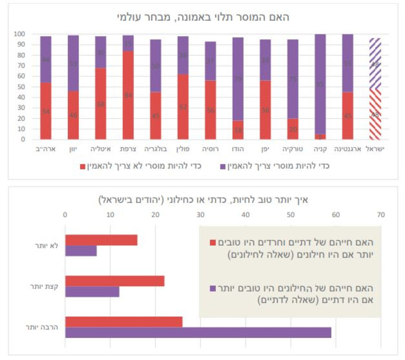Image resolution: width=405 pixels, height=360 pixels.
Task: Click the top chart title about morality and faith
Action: click(203, 17)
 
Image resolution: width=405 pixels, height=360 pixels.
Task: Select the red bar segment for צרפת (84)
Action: click(128, 95)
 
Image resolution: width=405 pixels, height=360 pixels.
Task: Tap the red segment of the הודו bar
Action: click(238, 130)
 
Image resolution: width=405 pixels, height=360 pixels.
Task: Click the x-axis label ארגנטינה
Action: click(348, 149)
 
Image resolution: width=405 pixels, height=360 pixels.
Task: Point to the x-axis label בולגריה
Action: click(155, 149)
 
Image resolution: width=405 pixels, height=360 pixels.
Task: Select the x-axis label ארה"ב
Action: click(45, 149)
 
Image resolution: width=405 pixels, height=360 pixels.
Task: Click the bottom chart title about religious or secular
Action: click(203, 200)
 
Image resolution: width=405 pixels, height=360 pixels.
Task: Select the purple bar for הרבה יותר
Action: click(198, 332)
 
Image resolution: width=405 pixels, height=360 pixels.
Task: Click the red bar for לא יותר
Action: click(101, 240)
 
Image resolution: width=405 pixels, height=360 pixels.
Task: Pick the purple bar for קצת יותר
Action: click(92, 292)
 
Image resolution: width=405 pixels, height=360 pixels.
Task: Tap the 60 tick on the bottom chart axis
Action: click(336, 215)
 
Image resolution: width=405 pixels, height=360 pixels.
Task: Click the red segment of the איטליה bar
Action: click(100, 104)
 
